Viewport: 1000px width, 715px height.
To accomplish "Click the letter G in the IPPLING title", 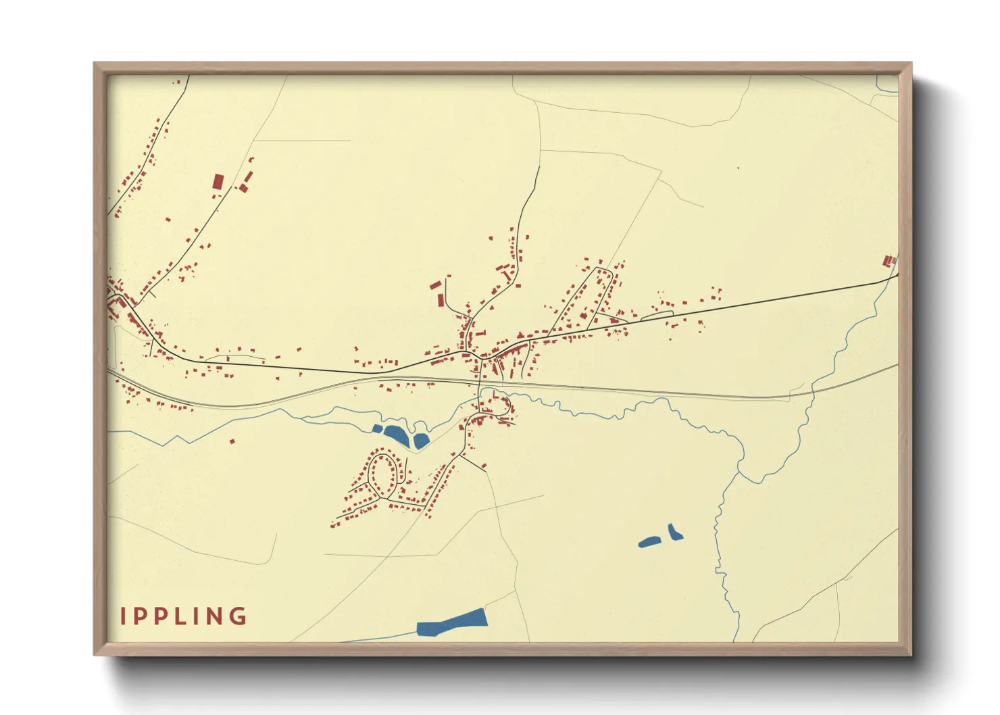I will click(238, 616).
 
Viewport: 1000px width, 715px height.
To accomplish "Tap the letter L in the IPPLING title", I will click(178, 616).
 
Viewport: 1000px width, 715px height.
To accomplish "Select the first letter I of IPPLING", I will click(123, 616).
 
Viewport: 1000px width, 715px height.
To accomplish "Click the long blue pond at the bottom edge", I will click(451, 622).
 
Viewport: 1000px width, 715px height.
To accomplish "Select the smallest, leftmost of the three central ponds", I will click(377, 428).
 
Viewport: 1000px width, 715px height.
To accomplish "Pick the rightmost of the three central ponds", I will click(420, 441).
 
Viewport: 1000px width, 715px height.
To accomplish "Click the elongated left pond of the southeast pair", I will click(649, 541).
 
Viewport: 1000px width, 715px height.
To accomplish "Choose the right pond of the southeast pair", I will click(674, 533).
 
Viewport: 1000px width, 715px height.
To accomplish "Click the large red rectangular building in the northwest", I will click(218, 182).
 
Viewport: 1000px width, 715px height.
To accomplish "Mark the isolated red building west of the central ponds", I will click(232, 441).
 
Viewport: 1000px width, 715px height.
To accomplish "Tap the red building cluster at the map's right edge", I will click(889, 260).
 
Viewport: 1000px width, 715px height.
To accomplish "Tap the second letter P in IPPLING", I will click(160, 616).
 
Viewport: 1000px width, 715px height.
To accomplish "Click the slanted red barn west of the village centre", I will click(436, 285).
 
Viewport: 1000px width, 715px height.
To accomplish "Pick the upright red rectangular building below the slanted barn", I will click(441, 299).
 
